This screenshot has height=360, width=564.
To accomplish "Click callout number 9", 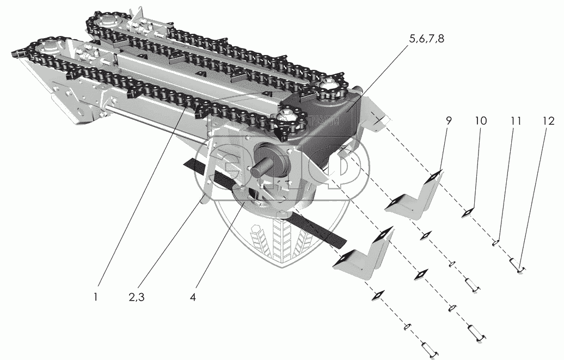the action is (x=448, y=121).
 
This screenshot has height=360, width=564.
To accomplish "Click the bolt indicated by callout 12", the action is (x=516, y=266).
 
